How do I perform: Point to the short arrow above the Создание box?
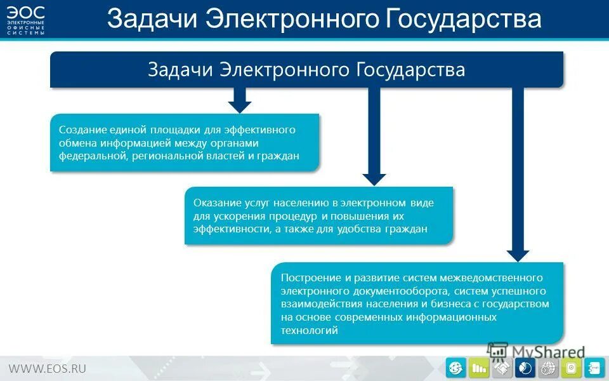tap(239, 99)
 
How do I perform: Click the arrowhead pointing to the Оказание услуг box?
tap(374, 179)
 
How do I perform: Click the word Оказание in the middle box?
tap(216, 203)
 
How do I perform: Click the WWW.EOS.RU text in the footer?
tap(47, 368)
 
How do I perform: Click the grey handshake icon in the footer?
tap(503, 368)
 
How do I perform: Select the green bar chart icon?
tap(480, 368)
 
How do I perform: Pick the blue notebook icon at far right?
tap(594, 368)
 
